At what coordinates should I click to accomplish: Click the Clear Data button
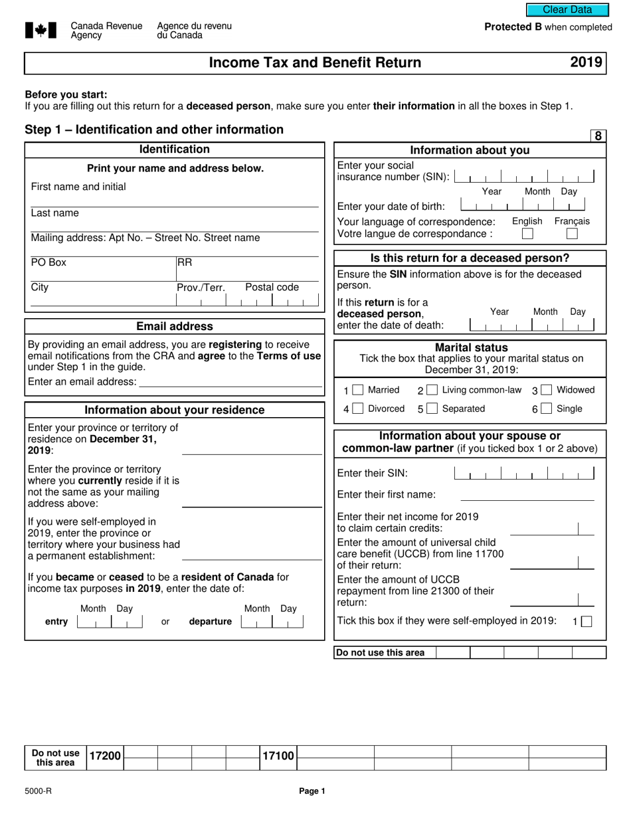[x=567, y=9]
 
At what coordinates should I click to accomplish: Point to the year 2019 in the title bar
[x=586, y=62]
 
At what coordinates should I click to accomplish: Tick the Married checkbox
[x=358, y=391]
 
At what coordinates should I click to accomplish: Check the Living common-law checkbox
[x=432, y=391]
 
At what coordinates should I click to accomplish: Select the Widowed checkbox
[x=546, y=391]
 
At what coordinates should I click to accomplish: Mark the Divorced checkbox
[x=358, y=409]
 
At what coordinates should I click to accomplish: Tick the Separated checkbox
[x=432, y=409]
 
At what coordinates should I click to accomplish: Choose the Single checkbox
[x=546, y=409]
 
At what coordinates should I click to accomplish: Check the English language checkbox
[x=527, y=234]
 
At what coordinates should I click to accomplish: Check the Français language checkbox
[x=572, y=234]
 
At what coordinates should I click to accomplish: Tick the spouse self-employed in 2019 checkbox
[x=586, y=622]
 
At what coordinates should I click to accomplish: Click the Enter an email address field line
[x=230, y=384]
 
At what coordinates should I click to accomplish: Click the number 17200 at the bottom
[x=106, y=756]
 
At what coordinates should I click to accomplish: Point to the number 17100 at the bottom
[x=278, y=756]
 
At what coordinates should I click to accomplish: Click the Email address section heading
[x=175, y=326]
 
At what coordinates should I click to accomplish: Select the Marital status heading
[x=471, y=347]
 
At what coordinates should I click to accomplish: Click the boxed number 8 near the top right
[x=598, y=136]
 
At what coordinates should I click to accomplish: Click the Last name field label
[x=54, y=213]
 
